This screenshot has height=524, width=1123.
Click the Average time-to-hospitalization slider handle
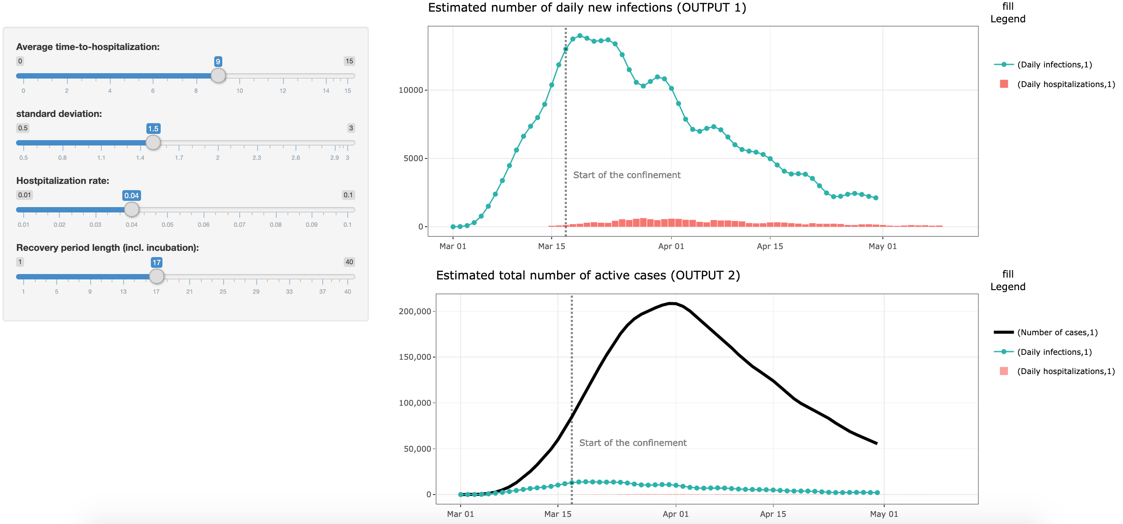(218, 75)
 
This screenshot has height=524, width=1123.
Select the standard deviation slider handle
(153, 142)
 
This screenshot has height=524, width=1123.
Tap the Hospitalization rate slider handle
(131, 209)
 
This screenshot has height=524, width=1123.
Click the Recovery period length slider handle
(156, 276)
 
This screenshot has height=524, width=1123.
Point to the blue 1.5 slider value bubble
(153, 129)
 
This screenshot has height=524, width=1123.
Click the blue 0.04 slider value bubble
(131, 195)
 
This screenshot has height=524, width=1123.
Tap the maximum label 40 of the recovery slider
(349, 262)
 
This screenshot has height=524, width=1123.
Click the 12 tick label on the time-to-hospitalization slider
(283, 91)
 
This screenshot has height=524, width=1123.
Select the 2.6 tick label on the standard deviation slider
(295, 158)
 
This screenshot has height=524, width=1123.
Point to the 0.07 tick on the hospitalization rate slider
(239, 225)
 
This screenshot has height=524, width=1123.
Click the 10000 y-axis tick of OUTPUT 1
(410, 90)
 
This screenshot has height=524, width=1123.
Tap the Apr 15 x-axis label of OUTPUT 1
(769, 246)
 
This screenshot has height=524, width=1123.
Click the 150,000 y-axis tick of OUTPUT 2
(415, 357)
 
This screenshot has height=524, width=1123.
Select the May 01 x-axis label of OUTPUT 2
(884, 514)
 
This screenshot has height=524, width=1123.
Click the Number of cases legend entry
(1057, 333)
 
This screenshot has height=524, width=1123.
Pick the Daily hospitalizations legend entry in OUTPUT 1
(1065, 84)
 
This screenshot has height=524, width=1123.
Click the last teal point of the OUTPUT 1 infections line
(876, 198)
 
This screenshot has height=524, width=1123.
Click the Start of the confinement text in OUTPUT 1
(627, 175)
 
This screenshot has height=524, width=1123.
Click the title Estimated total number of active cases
(587, 275)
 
